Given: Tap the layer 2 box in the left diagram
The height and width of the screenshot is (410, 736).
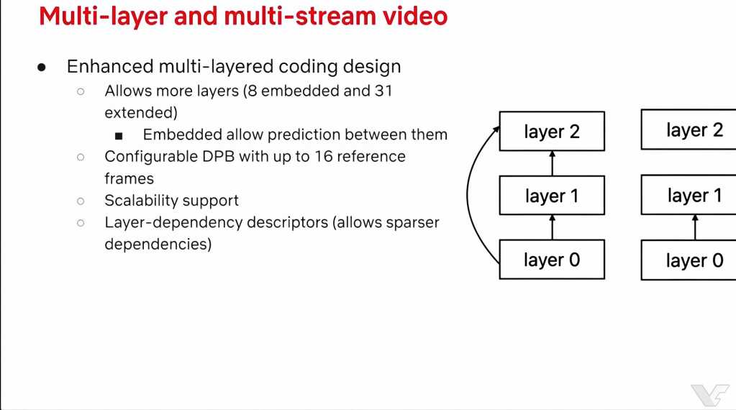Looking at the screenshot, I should (552, 132).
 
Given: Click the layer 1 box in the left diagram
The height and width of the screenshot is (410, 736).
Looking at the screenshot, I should (552, 195).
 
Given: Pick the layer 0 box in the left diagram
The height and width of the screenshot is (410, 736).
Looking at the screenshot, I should (552, 260).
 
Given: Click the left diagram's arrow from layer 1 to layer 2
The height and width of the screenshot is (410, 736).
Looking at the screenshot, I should (552, 163).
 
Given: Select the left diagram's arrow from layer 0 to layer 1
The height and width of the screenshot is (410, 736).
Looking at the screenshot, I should (552, 227).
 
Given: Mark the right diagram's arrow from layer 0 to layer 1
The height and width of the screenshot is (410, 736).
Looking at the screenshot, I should (695, 227).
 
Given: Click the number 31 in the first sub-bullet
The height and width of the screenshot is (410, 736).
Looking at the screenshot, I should (383, 91).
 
